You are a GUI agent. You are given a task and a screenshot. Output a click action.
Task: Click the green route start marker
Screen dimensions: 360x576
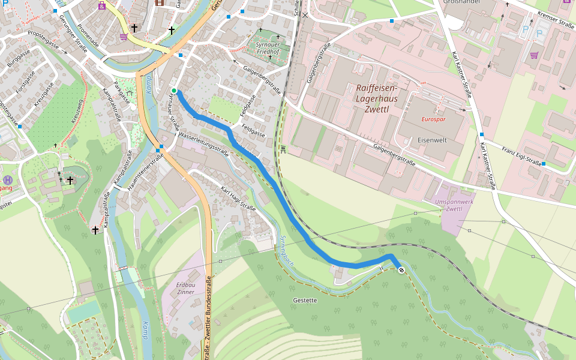point(174,91)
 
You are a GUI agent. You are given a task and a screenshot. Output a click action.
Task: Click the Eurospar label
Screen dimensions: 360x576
point(433,119)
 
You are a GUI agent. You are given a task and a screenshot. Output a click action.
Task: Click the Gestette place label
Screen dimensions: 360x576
point(305,300)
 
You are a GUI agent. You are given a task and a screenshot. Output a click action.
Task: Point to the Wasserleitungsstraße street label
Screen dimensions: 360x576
point(203,143)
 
